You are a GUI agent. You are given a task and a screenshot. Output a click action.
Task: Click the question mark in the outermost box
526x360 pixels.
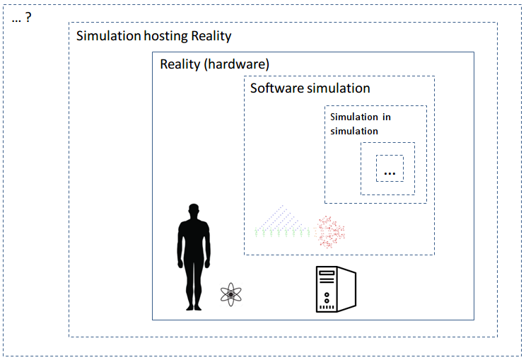(28, 18)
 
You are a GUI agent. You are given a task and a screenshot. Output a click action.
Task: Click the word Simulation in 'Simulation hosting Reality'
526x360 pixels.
(108, 36)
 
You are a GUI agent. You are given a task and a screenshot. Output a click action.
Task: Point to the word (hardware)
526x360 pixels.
(235, 64)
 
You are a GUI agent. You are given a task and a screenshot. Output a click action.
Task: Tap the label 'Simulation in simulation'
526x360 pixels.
(361, 124)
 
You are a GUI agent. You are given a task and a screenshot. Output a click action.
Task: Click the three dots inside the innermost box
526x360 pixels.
(390, 172)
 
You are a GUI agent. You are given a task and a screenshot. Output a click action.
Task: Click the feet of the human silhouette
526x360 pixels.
(193, 306)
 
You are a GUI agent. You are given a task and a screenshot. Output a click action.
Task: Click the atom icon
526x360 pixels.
(230, 294)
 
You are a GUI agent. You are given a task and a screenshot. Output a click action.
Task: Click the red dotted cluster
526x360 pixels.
(329, 231)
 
